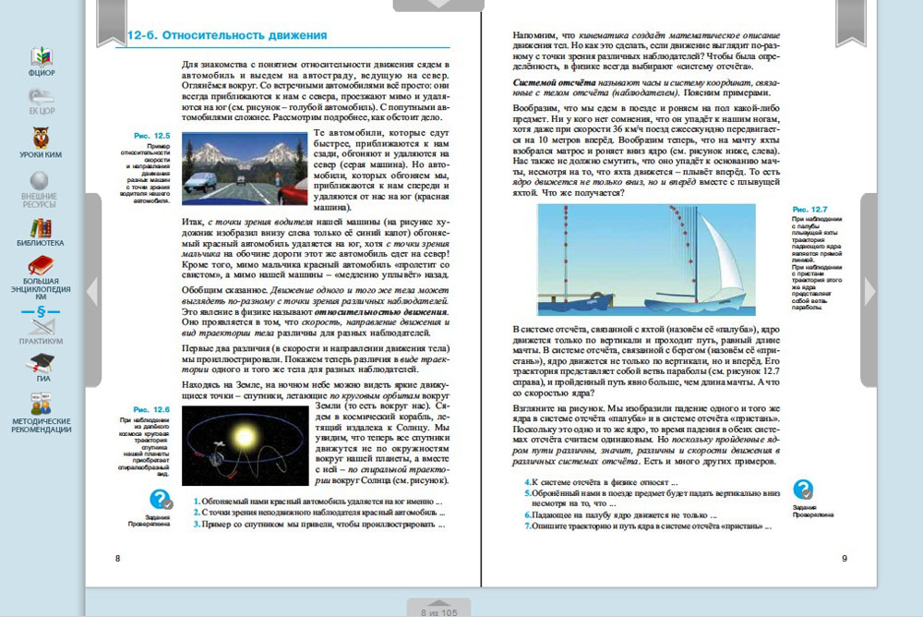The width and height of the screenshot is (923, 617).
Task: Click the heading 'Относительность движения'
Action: click(x=244, y=36)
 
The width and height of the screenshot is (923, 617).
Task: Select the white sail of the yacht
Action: click(x=714, y=258)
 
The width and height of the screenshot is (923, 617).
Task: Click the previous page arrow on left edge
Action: click(x=92, y=291)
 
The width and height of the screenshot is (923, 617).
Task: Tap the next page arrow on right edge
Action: click(x=869, y=291)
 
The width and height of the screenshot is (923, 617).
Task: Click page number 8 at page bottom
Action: click(x=116, y=559)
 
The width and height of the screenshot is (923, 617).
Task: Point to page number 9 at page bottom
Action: click(x=845, y=559)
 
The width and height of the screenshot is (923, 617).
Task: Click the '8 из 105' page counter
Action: click(x=438, y=611)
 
